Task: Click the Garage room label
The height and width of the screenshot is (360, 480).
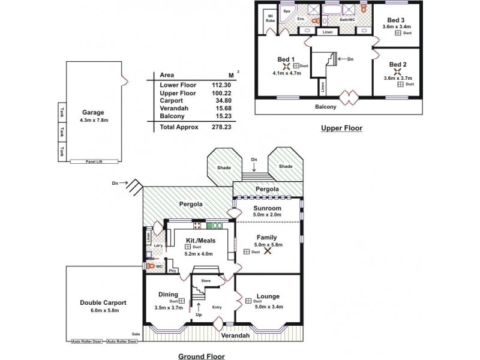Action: (x=93, y=112)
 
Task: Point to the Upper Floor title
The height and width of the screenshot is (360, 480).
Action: (x=341, y=128)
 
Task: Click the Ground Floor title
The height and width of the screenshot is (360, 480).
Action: (x=202, y=356)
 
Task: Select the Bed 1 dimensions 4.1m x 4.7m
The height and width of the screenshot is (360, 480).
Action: (x=287, y=73)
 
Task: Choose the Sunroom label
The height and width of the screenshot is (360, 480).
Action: (x=268, y=208)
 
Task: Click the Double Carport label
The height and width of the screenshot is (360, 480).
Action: (x=103, y=302)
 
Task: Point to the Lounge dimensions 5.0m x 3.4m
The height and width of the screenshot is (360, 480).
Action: (x=268, y=307)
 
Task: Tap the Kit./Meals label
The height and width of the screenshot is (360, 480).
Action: (x=197, y=240)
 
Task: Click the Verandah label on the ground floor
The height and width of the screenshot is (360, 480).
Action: (x=235, y=335)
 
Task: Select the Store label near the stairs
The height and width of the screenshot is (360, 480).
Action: (x=206, y=280)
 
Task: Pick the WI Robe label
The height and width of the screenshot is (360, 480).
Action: (x=270, y=18)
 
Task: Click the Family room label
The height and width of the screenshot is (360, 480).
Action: (x=266, y=238)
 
